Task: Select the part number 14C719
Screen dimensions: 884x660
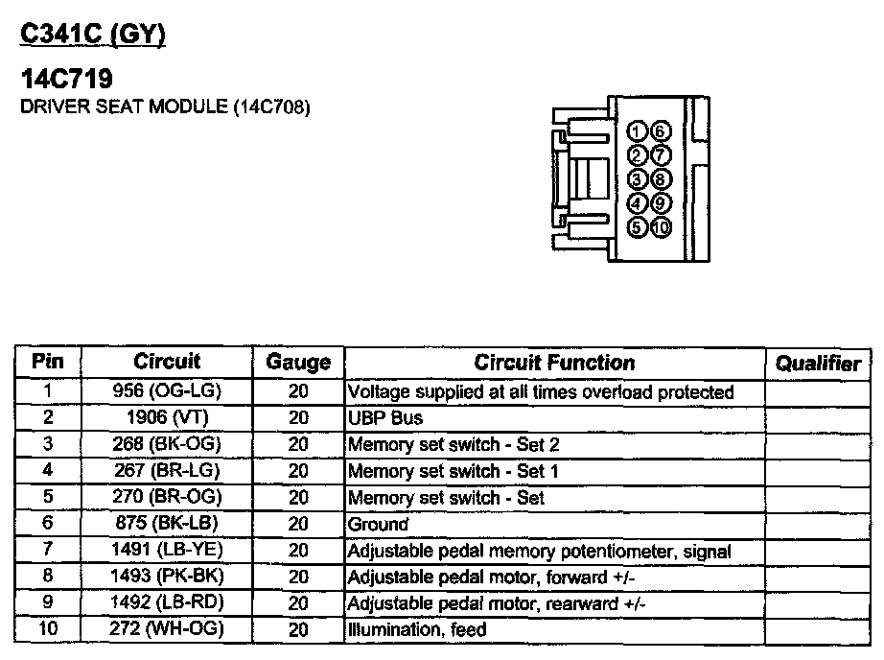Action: point(66,79)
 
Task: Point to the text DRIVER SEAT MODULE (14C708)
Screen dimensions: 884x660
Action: point(165,106)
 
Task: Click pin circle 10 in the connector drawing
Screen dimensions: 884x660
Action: point(661,228)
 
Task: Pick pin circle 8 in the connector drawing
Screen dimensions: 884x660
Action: point(661,179)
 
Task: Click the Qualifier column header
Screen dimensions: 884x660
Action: point(818,364)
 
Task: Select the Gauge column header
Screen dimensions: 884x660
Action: point(298,363)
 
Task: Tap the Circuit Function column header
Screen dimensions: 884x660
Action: point(554,363)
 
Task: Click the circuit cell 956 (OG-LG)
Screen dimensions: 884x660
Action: point(167,391)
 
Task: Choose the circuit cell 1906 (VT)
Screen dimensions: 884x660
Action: point(167,418)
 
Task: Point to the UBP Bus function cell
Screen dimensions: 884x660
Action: point(384,418)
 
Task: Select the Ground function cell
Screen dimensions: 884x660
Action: point(378,525)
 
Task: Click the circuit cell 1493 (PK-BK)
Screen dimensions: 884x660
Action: point(167,577)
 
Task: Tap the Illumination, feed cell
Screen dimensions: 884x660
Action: point(416,630)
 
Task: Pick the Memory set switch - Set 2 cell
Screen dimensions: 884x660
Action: point(453,445)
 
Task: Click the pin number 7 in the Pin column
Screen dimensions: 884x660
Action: point(48,551)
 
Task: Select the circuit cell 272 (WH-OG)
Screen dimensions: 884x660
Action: point(167,630)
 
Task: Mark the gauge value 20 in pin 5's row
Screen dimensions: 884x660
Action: point(298,498)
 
